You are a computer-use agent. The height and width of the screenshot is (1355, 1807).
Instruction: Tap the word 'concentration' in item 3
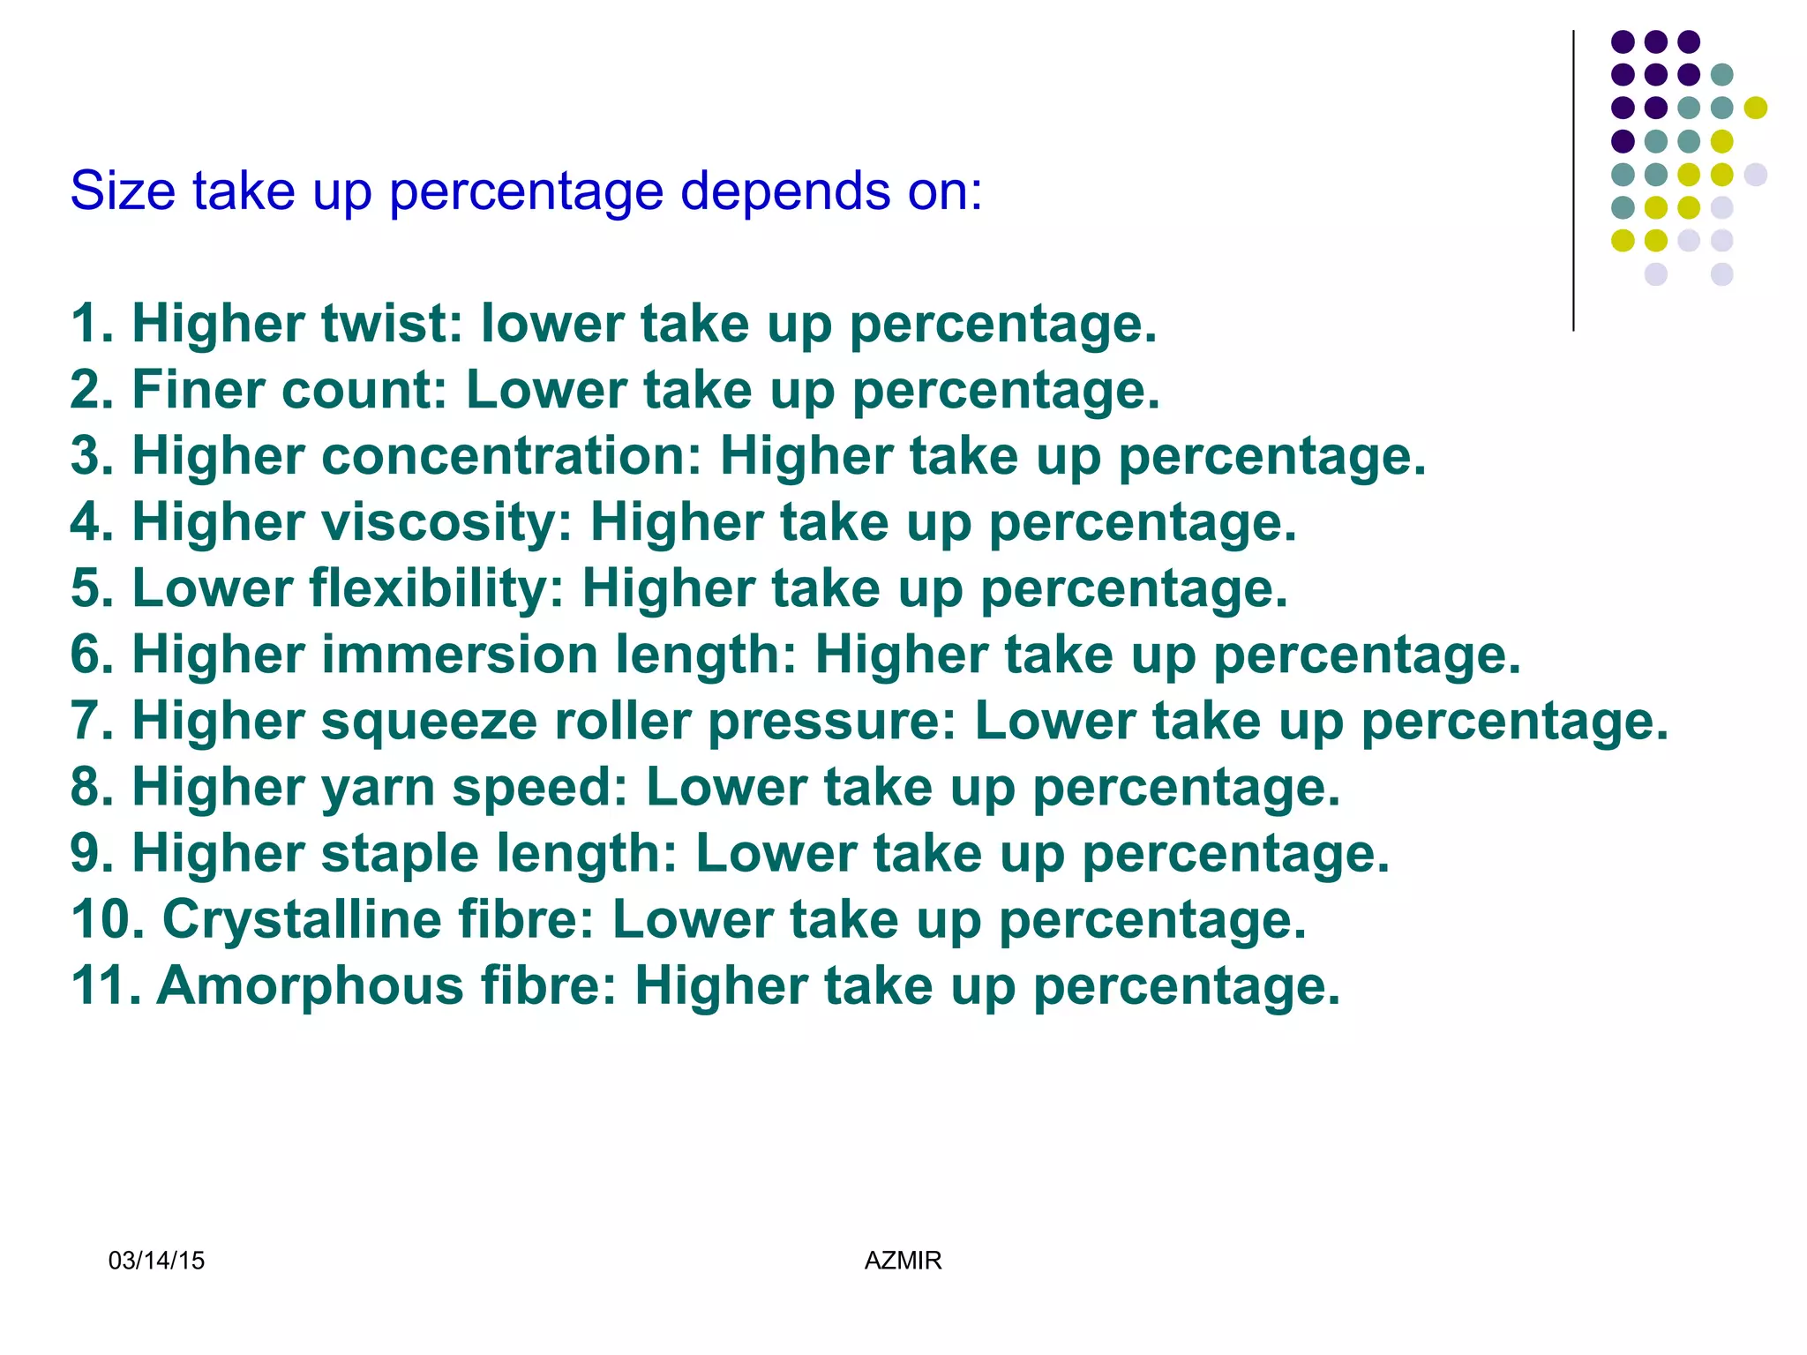tap(511, 456)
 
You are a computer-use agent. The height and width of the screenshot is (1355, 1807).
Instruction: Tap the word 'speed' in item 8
tap(539, 787)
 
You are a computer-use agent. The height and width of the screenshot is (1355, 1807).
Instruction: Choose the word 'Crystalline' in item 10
tap(302, 919)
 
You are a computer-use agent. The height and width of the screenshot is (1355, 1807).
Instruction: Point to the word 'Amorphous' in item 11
tap(310, 985)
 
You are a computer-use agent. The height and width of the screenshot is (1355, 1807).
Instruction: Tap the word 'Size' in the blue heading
tap(123, 190)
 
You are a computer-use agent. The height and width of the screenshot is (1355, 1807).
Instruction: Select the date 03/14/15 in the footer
tap(156, 1261)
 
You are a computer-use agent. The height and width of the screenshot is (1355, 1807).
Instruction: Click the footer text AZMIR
tap(903, 1261)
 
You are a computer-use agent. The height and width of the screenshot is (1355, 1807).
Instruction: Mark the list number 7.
tap(90, 721)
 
